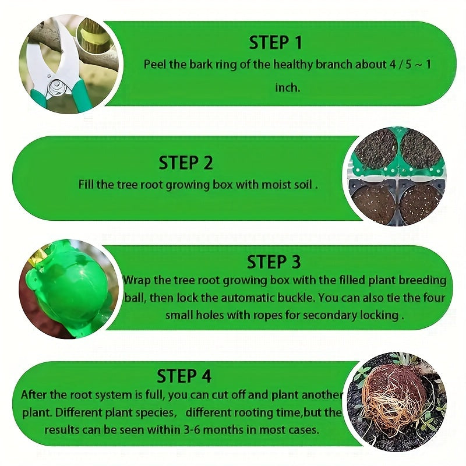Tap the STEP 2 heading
point(186,163)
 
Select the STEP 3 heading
point(274,262)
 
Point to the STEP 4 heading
point(184,375)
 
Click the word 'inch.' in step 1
point(287,87)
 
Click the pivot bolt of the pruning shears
point(56,87)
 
